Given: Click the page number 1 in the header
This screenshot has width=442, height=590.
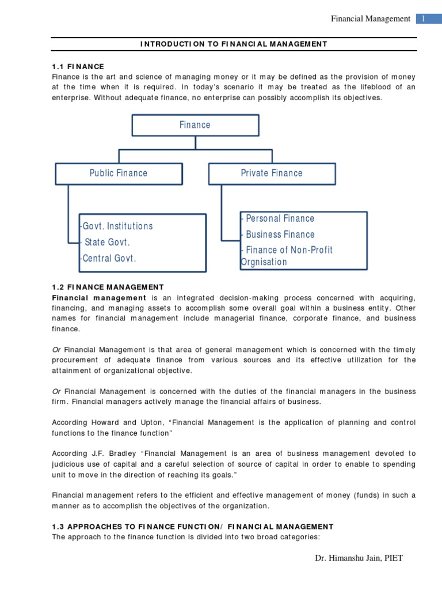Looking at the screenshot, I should [423, 18].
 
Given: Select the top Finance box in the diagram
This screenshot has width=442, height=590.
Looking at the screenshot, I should [195, 125].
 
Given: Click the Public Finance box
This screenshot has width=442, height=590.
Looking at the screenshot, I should [119, 173].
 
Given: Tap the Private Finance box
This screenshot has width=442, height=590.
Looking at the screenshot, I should [271, 173].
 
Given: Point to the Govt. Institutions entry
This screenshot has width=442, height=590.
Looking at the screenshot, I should [117, 226].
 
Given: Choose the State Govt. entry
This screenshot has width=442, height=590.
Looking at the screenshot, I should [106, 242].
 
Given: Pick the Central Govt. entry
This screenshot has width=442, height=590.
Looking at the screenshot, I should [109, 258].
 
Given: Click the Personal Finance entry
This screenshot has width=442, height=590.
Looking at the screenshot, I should [279, 218].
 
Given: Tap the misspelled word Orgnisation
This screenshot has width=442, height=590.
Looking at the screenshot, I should [264, 262].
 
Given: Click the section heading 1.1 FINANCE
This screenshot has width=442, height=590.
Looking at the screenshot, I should [78, 67].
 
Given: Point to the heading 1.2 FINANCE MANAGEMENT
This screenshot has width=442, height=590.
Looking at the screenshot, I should [108, 287].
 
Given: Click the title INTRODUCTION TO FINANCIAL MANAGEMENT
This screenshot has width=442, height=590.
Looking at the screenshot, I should [234, 44].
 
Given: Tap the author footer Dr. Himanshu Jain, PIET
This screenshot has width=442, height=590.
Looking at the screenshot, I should [359, 558].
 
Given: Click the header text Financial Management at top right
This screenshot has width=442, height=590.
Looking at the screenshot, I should [370, 18].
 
